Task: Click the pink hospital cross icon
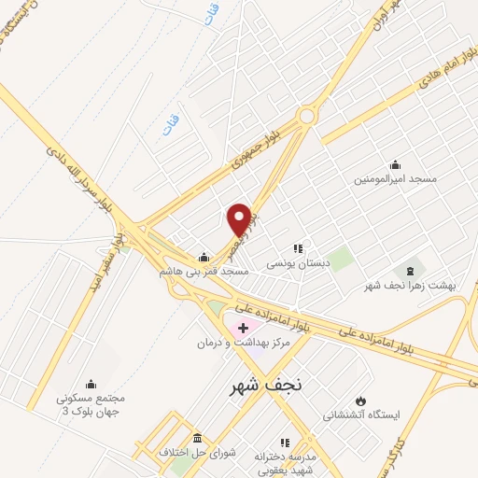tap(243, 328)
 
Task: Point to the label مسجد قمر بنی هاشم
tap(203, 271)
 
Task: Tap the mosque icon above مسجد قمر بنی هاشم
tap(204, 256)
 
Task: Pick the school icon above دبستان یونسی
tap(299, 248)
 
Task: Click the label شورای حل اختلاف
tap(200, 452)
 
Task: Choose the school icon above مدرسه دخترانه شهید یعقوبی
tap(284, 443)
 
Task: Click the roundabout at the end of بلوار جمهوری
tap(305, 116)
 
